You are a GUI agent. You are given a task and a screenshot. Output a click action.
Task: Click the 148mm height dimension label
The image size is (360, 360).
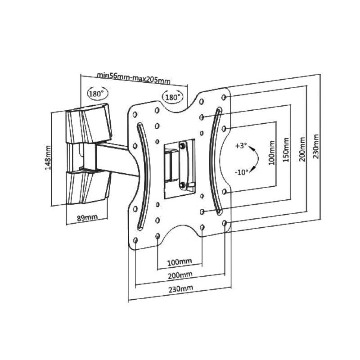coord(48,157)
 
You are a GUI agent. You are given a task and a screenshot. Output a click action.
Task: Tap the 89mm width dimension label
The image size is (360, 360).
coord(87,217)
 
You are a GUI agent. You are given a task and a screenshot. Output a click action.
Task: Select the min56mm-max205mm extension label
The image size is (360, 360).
coord(133,78)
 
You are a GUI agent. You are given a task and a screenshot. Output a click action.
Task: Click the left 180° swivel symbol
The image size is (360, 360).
coord(97,94)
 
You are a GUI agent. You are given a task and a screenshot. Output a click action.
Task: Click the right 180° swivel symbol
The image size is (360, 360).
coord(173,97)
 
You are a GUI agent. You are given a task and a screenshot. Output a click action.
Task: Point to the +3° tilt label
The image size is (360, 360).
coord(241,146)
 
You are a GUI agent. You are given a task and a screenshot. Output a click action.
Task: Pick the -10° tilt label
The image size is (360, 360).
coord(242,172)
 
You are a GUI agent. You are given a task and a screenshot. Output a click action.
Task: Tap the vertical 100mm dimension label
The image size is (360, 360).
coord(272,153)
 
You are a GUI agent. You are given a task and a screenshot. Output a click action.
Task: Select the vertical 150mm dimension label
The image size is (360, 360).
coord(286,150)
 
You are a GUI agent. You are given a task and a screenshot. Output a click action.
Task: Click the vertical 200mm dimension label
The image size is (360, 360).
coord(302,149)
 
